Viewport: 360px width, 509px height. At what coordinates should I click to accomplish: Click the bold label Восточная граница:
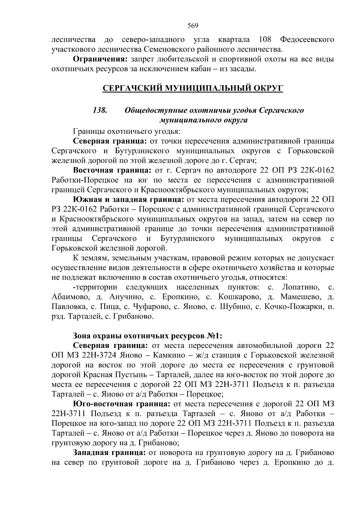(x=112, y=171)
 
